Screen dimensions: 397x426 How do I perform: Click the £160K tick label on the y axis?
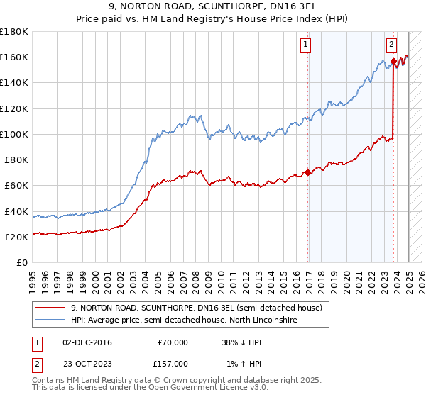(14, 57)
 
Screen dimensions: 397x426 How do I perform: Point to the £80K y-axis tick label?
(16, 160)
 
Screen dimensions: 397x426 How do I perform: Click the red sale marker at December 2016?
(307, 172)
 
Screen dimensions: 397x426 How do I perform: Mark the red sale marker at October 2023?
(393, 61)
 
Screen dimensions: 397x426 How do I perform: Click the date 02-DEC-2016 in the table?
(87, 342)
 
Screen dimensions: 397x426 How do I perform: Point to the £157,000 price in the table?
(173, 364)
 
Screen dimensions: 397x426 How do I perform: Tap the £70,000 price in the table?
(173, 342)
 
